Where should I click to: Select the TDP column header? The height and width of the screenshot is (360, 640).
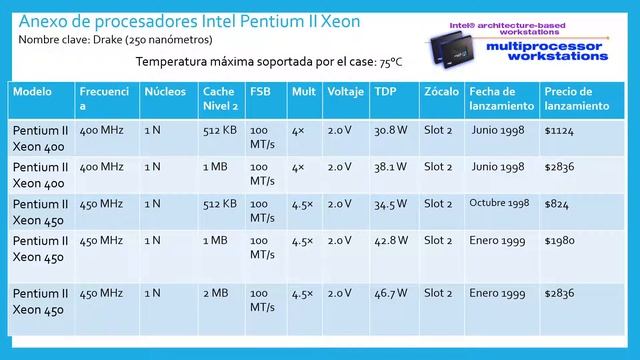tap(384, 91)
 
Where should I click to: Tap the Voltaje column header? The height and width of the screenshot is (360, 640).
tap(344, 91)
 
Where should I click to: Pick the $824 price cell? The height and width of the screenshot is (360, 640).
tap(557, 204)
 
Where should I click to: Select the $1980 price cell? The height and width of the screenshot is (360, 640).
tap(560, 241)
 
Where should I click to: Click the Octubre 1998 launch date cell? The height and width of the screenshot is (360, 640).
tap(499, 203)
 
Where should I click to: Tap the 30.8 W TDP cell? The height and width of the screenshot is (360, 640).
tap(390, 130)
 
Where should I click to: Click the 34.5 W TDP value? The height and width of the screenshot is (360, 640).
tap(390, 204)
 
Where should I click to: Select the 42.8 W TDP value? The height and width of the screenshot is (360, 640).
tap(391, 241)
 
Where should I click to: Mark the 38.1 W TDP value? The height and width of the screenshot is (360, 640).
tap(390, 166)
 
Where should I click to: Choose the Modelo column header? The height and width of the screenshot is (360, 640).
tap(33, 91)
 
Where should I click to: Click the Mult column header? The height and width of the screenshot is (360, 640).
tap(302, 91)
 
